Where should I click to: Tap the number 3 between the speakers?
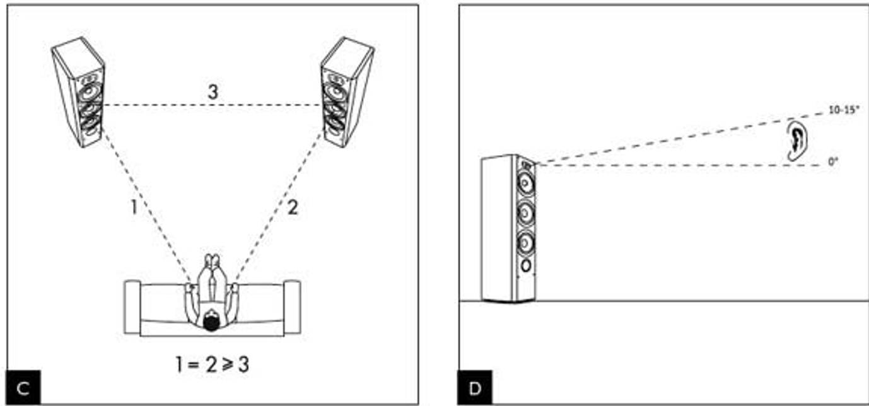tap(213, 92)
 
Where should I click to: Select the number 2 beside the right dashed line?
tap(293, 208)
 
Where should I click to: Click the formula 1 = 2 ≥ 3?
tap(212, 364)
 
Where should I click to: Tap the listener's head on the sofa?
tap(211, 321)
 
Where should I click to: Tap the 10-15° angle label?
tap(843, 110)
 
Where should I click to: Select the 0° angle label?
tap(833, 162)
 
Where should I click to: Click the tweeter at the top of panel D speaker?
tap(526, 166)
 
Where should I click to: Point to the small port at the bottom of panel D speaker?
tap(526, 267)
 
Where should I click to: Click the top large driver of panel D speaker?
tap(525, 183)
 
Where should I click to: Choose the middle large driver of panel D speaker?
tap(525, 213)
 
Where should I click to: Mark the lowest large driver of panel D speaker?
tap(525, 243)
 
